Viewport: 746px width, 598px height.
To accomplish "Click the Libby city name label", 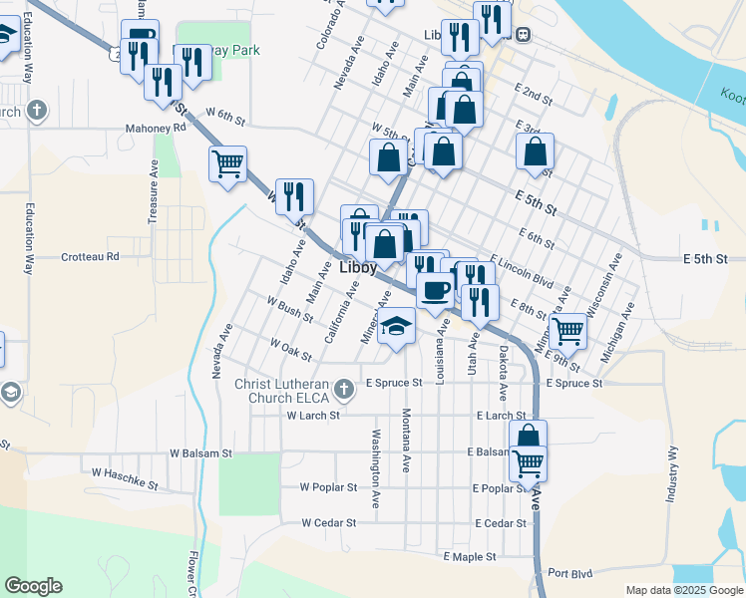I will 357,269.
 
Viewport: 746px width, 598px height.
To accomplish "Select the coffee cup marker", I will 435,290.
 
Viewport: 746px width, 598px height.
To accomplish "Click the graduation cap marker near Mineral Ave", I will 396,326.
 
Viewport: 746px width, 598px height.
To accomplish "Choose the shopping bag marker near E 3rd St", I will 536,151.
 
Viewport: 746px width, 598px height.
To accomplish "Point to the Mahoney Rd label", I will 156,128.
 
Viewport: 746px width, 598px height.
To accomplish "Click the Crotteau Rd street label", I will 90,256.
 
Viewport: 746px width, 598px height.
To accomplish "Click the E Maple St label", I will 470,556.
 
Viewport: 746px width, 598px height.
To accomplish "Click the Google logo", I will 33,586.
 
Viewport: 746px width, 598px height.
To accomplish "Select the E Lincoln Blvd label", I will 521,269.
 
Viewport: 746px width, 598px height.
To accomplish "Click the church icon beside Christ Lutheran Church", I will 344,388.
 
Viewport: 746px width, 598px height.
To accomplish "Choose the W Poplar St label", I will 328,487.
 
